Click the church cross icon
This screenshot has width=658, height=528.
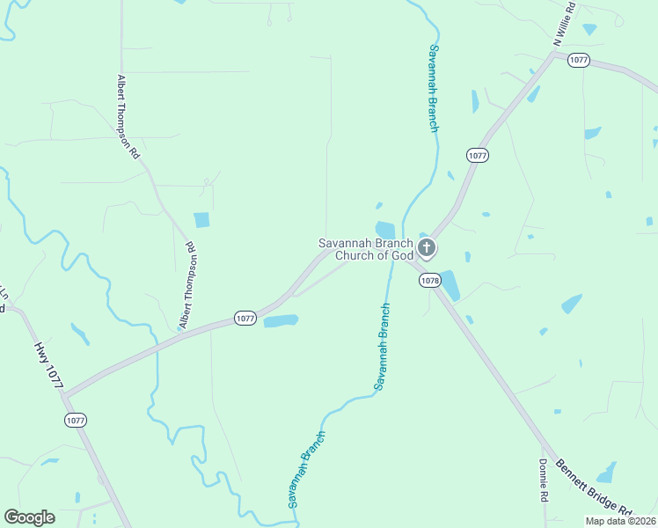(427, 247)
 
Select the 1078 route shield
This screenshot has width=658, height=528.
(429, 281)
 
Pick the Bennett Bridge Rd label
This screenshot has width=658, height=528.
(598, 488)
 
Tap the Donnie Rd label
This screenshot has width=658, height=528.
(545, 480)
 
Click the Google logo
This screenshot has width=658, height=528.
(29, 517)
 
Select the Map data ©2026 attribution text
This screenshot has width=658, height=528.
(619, 520)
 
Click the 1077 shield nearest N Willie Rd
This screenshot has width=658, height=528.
(578, 61)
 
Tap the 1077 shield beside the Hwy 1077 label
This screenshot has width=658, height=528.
(76, 421)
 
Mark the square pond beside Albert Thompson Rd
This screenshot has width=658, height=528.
(201, 220)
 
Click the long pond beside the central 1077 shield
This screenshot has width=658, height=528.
(281, 321)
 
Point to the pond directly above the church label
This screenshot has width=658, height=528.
(385, 229)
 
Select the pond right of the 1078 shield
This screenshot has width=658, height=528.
(450, 285)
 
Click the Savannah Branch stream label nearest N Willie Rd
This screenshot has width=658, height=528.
(433, 88)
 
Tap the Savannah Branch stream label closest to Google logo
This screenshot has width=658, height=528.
(306, 468)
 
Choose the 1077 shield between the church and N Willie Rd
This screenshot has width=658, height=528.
(477, 155)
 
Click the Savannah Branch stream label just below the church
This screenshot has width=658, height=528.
(382, 347)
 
